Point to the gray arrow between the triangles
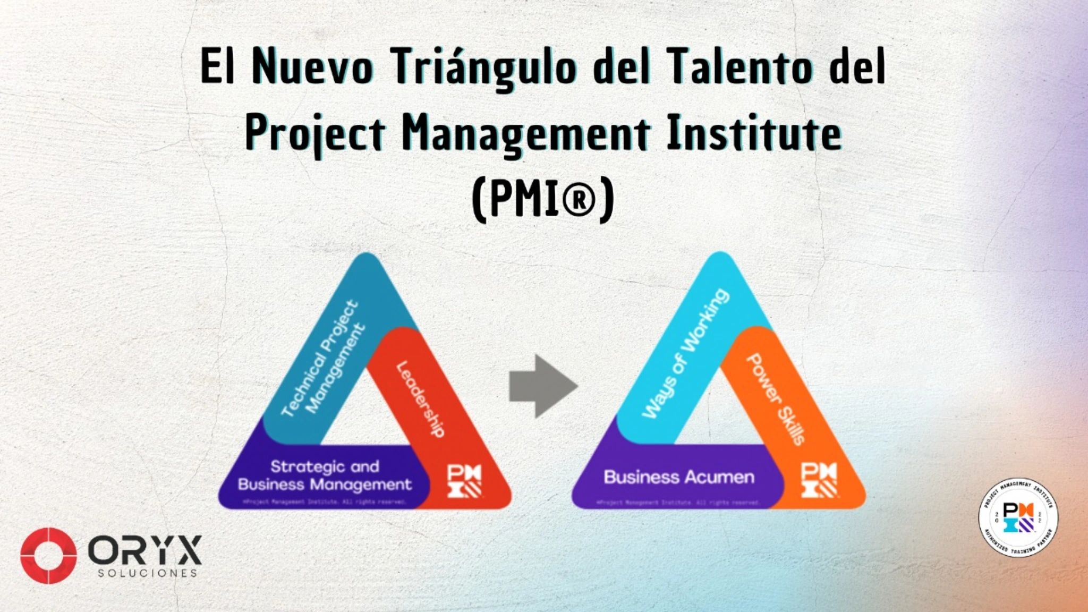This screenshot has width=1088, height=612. pos(542,386)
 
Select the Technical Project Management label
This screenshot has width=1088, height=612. pos(324,358)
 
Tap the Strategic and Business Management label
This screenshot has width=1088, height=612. pos(325,475)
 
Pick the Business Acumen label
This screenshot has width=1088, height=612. pos(679,477)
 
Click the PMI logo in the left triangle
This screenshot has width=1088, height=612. pos(464,481)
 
